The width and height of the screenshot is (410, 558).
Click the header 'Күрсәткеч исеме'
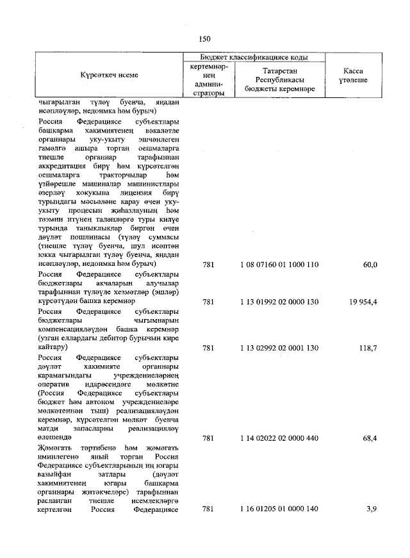[109, 76]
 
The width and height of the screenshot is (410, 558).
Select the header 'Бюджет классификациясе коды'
[254, 58]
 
